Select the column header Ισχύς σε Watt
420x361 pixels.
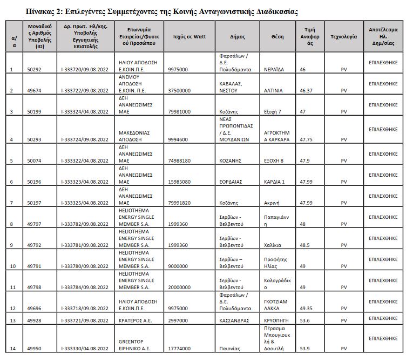point(187,37)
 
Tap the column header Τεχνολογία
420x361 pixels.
point(344,37)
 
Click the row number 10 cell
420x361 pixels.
point(13,266)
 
